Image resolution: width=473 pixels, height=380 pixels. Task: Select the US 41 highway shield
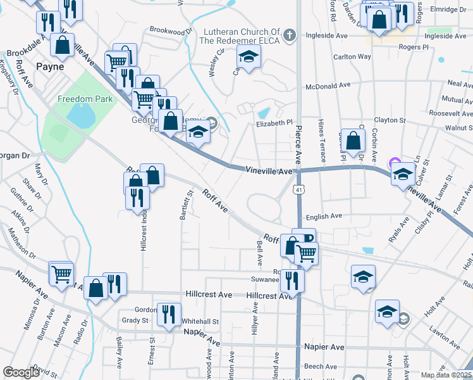pos(297,189)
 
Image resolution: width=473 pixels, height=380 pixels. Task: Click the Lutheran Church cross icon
pos(290,34)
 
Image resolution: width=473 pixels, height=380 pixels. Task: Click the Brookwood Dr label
pos(171,30)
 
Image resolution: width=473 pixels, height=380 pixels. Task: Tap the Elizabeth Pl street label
pos(274,123)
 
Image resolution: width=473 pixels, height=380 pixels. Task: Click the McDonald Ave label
pos(328,85)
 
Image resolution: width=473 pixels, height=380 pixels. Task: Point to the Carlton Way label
pos(352,56)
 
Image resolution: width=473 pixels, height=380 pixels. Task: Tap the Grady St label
pos(135,320)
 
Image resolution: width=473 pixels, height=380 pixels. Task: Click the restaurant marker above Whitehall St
pos(169,314)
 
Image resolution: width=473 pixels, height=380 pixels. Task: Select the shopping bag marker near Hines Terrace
pos(355,139)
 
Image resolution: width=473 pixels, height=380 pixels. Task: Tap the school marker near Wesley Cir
pos(249,57)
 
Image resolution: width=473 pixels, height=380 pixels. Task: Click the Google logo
pos(20,372)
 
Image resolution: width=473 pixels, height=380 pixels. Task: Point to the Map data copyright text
pos(446,375)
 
